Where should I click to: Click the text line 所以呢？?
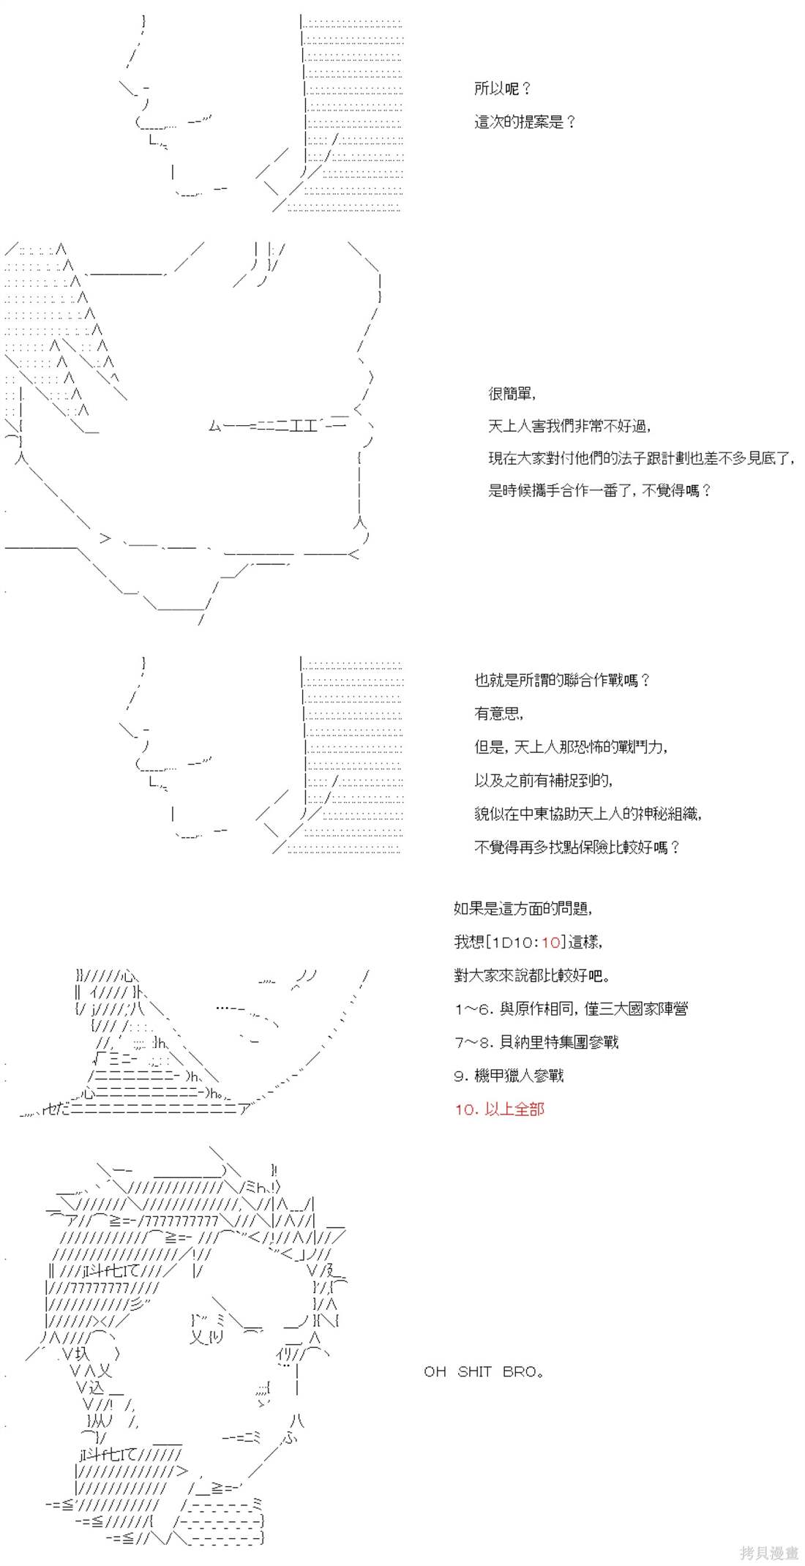click(x=503, y=89)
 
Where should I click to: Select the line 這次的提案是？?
click(x=525, y=122)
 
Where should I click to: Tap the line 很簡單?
click(x=512, y=394)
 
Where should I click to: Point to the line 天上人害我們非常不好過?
click(x=569, y=426)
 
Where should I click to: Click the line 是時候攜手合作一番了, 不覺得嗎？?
click(x=599, y=490)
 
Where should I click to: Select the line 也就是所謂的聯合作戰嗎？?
click(x=562, y=681)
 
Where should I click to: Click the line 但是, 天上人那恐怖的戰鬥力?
click(x=571, y=747)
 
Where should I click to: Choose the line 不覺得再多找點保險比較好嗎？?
click(x=577, y=847)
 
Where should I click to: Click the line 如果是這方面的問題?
click(x=523, y=909)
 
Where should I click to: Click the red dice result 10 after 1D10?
click(x=551, y=943)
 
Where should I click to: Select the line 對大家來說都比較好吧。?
click(x=531, y=975)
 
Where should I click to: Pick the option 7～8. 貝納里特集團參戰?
click(x=536, y=1042)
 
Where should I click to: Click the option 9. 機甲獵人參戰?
click(x=509, y=1076)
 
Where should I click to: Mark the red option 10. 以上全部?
click(x=499, y=1109)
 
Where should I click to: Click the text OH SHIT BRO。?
click(x=484, y=1372)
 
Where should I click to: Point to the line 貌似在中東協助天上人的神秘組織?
click(x=588, y=814)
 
